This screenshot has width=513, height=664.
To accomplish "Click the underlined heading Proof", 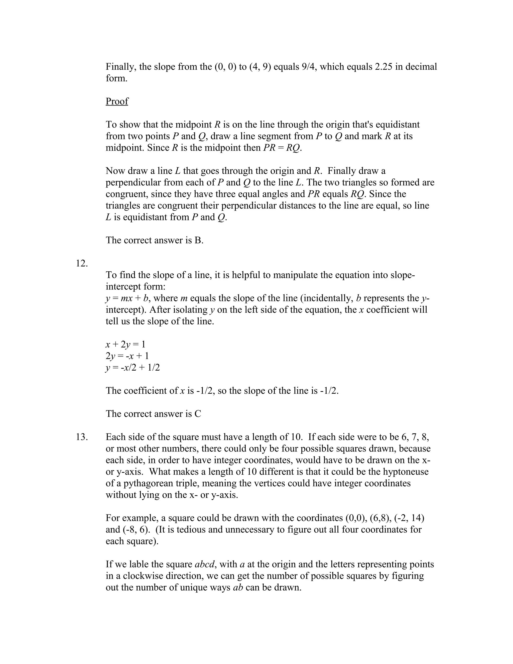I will pos(117,101).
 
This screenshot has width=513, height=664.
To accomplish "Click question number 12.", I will pos(81,263).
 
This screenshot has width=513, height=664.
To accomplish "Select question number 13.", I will pos(81,437).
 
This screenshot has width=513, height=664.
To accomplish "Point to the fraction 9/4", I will pos(309,67).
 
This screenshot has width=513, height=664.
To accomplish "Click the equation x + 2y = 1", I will pos(125,345).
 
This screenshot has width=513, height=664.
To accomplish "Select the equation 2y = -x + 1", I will pos(127,356).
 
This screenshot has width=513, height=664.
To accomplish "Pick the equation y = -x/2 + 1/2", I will pos(133,368).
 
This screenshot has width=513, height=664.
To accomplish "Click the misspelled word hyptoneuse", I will pos(406,472).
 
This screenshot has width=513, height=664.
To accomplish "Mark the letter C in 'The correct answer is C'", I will pos(198,414).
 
